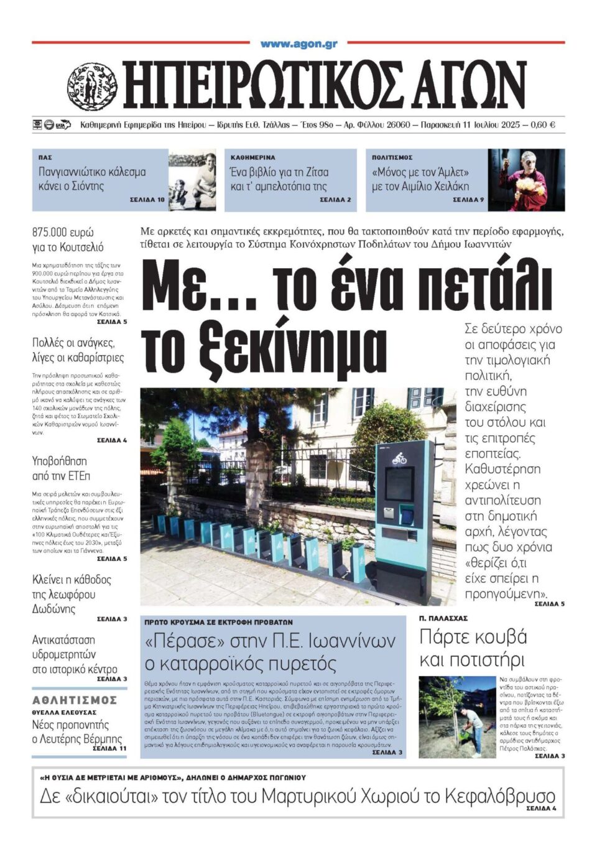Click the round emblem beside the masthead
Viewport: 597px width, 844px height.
[92, 86]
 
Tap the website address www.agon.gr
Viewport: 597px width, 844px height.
[298, 44]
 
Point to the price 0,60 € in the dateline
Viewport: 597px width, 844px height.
[543, 125]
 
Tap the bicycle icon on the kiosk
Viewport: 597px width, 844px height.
[399, 458]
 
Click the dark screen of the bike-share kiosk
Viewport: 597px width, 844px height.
[400, 483]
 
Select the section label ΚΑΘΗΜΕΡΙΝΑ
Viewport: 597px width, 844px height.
[252, 158]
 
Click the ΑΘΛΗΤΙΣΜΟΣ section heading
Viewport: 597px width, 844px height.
[75, 700]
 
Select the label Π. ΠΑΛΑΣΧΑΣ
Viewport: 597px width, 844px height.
[443, 618]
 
